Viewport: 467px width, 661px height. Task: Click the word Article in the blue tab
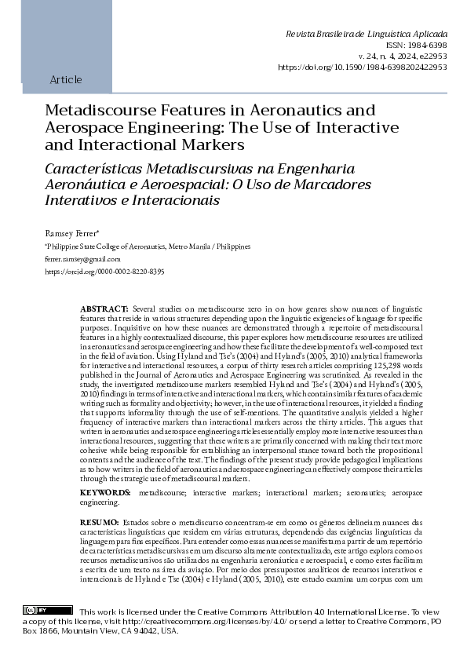point(65,80)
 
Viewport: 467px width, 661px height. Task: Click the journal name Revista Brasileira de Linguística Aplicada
point(367,35)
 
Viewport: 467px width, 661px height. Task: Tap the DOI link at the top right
point(363,68)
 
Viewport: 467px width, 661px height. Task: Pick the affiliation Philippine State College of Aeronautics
point(101,246)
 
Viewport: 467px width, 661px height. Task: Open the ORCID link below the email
point(104,271)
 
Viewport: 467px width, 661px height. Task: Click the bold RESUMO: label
point(100,522)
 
